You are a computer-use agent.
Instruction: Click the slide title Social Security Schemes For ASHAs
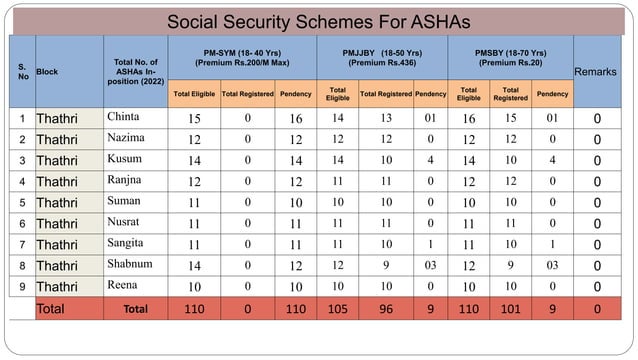pyautogui.click(x=319, y=21)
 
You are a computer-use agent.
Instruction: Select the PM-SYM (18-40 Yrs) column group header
pyautogui.click(x=240, y=57)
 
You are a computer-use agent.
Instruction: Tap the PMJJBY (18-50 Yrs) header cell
pyautogui.click(x=381, y=57)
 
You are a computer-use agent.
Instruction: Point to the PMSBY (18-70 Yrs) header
pyautogui.click(x=510, y=57)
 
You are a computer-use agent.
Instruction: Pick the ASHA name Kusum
pyautogui.click(x=125, y=159)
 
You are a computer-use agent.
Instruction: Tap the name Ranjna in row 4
pyautogui.click(x=125, y=180)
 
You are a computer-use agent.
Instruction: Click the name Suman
pyautogui.click(x=125, y=201)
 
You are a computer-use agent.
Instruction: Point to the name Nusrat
pyautogui.click(x=125, y=222)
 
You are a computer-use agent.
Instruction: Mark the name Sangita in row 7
pyautogui.click(x=126, y=243)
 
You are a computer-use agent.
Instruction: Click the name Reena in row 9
pyautogui.click(x=124, y=285)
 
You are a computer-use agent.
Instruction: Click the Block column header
pyautogui.click(x=48, y=72)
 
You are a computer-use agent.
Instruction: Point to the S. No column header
pyautogui.click(x=22, y=72)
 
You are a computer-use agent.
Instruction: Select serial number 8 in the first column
pyautogui.click(x=22, y=265)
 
